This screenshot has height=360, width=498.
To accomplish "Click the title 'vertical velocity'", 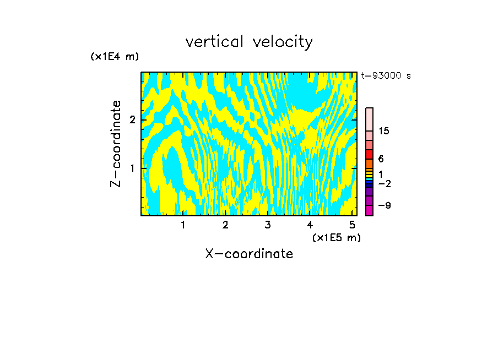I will tap(249, 42).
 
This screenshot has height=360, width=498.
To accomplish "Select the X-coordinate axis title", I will tap(249, 254).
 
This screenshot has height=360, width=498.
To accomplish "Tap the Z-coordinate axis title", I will tap(116, 144).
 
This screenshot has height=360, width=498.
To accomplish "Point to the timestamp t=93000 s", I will tap(386, 76).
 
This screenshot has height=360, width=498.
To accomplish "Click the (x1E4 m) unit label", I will tap(115, 57).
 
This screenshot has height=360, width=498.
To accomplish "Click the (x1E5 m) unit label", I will tap(336, 237).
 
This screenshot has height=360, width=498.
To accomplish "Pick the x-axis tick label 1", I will tap(183, 225).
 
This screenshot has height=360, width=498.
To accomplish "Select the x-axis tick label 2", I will tap(225, 225).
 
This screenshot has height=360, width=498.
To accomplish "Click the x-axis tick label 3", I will tap(268, 225).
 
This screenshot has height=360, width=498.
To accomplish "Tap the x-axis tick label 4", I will tap(310, 225).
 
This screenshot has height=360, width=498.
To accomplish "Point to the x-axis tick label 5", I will tap(352, 225).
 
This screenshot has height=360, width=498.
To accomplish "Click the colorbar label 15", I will tap(384, 131).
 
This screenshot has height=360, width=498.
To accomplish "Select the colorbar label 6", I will tap(381, 159).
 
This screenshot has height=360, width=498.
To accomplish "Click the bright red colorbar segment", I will tap(369, 154).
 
